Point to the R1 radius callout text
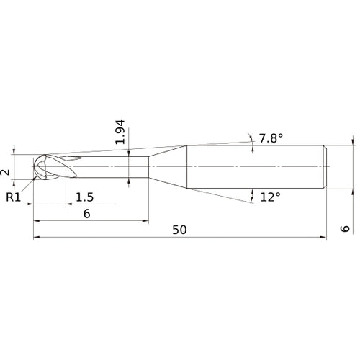12,197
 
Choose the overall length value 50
180,230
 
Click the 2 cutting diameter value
6,171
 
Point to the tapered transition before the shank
167,168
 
